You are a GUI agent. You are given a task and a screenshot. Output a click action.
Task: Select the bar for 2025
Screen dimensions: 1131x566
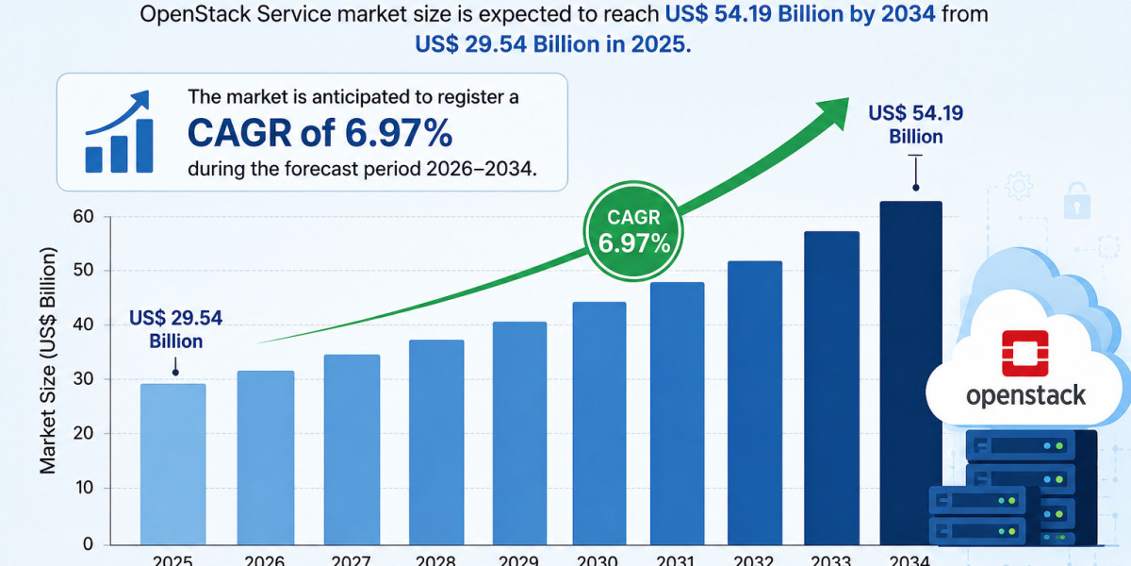(173, 464)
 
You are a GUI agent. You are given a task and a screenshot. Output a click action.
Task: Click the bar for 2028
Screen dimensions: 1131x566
(436, 442)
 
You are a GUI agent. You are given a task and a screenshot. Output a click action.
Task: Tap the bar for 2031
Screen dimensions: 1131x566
(677, 413)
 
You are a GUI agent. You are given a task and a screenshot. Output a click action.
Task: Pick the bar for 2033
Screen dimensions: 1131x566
(831, 388)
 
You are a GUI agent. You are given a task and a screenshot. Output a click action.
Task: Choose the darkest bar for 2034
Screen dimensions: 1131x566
(910, 373)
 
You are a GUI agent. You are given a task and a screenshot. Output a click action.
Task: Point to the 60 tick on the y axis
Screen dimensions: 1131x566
(83, 217)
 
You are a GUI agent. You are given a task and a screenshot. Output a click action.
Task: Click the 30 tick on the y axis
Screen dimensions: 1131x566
(83, 379)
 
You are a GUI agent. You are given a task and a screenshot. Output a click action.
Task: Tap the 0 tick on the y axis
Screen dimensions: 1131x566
(88, 543)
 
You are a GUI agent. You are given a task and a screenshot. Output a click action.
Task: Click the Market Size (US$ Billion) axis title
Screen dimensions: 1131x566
(47, 360)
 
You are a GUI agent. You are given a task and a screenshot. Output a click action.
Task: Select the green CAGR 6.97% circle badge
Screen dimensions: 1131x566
(633, 231)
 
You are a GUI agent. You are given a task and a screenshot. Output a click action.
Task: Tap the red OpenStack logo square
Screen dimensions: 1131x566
(1025, 353)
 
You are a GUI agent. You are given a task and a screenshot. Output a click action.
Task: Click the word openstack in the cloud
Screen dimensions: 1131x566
(1025, 396)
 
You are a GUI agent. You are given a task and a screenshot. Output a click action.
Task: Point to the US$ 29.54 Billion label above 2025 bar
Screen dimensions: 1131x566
(175, 329)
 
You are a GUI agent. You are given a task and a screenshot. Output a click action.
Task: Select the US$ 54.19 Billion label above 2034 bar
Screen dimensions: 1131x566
(916, 125)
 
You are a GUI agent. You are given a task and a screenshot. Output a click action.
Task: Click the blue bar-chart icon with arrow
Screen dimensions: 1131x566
(119, 132)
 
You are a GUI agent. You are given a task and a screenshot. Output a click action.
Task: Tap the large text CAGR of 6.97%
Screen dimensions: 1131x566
(320, 133)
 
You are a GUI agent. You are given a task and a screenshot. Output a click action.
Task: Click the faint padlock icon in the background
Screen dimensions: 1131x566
(1077, 201)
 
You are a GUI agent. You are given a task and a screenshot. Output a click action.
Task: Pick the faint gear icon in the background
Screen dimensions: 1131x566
(1019, 186)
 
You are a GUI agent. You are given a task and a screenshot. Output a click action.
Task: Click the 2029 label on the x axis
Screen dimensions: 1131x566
(518, 560)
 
